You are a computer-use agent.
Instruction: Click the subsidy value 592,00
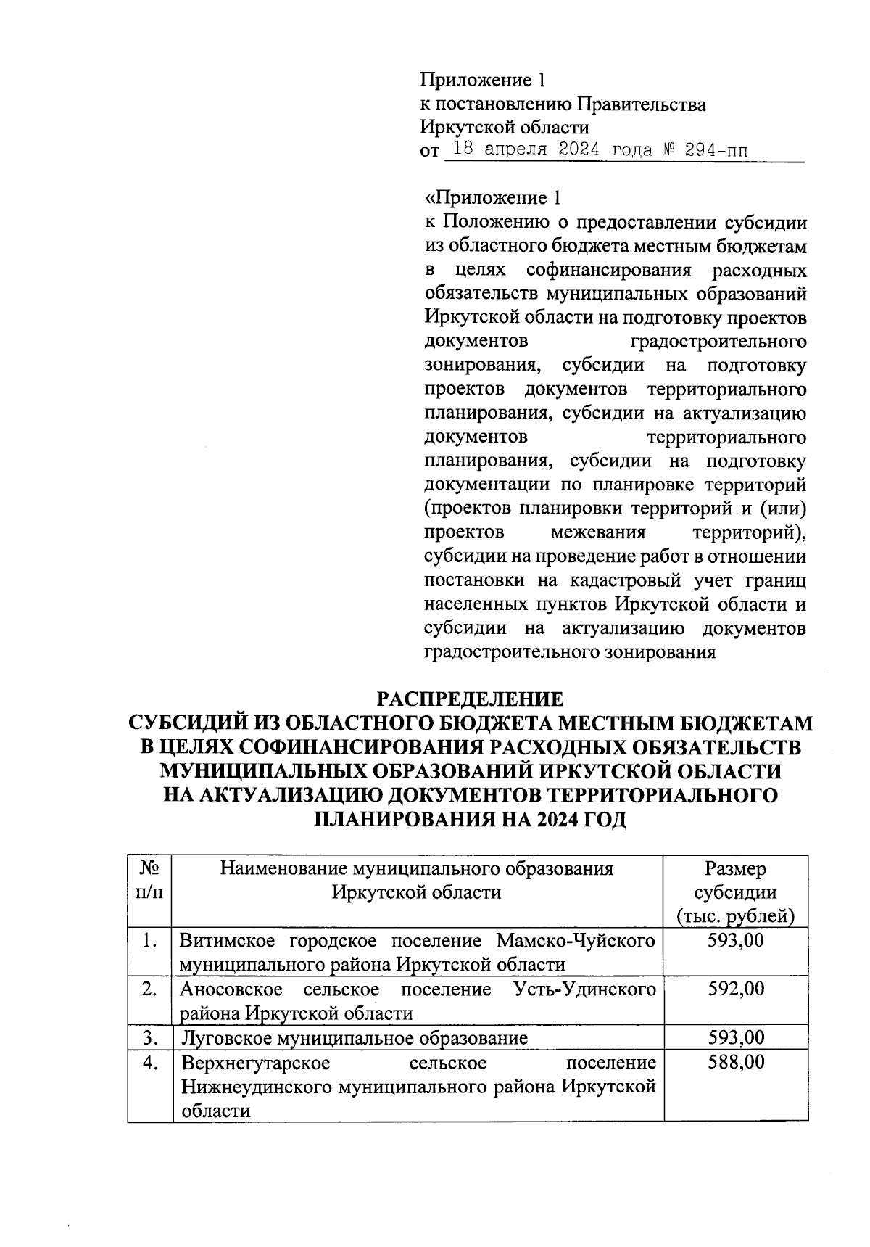(736, 989)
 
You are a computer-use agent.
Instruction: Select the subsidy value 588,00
(736, 1063)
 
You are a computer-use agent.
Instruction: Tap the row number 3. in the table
(150, 1038)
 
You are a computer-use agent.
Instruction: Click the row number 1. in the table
(150, 941)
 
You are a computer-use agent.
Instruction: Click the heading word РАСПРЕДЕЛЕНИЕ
(470, 699)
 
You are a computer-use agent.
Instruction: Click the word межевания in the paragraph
(598, 533)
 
